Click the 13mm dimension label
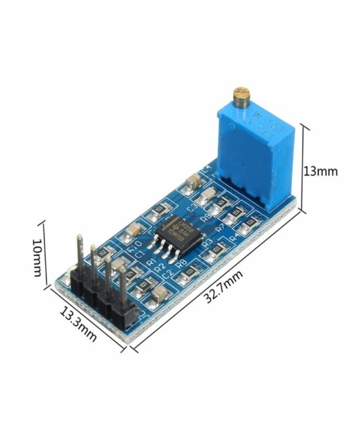(320, 171)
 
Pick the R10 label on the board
(136, 248)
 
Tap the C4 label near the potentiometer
(207, 170)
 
